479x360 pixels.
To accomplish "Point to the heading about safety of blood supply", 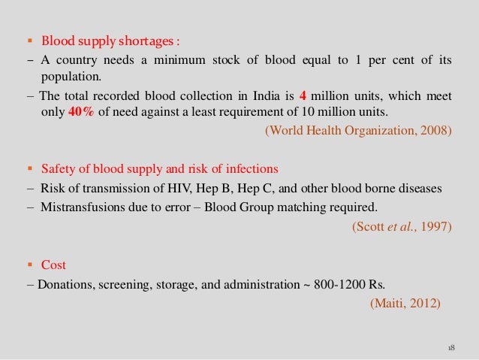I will (159, 168).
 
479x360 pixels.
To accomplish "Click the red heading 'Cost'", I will (54, 265).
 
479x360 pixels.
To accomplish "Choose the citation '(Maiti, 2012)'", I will (411, 303).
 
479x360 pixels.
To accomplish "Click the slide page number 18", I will (450, 349).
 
